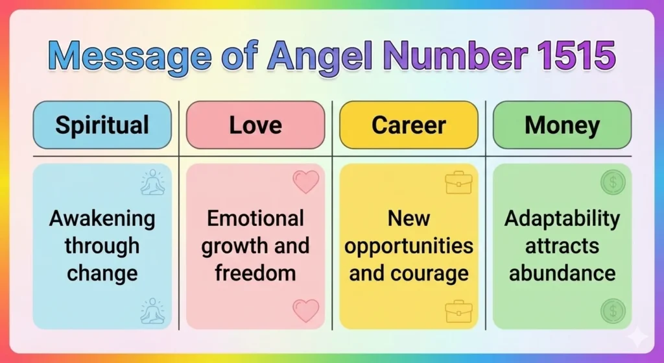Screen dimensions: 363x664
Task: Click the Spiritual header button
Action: click(x=102, y=125)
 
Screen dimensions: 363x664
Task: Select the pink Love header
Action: click(x=255, y=125)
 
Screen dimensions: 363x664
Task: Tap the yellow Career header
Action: click(x=409, y=125)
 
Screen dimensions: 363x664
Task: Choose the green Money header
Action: click(x=562, y=125)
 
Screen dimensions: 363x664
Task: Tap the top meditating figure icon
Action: click(x=152, y=182)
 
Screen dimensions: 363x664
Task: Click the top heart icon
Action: click(x=306, y=182)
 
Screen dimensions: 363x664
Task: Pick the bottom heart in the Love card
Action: click(x=306, y=310)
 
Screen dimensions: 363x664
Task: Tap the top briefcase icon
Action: click(x=458, y=182)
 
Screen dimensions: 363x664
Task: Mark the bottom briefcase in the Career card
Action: click(x=458, y=311)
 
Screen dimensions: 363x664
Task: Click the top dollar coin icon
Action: click(x=612, y=182)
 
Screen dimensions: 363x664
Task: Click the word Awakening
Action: click(x=102, y=219)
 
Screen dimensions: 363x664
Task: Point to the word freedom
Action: click(x=255, y=273)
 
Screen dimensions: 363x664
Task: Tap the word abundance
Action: click(x=562, y=273)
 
